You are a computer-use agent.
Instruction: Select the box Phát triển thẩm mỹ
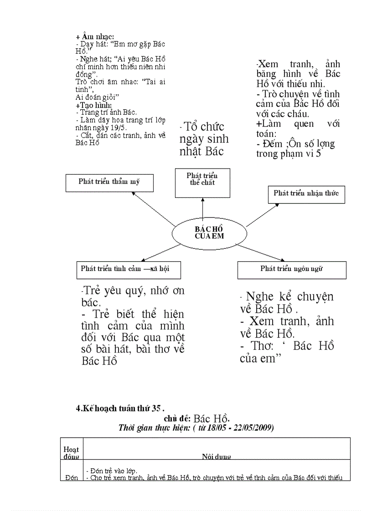[109, 182]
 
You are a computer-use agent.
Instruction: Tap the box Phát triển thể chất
[202, 182]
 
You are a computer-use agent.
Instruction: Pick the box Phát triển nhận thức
[306, 194]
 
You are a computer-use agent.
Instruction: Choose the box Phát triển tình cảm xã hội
[129, 269]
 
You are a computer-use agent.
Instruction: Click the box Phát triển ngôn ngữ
[292, 269]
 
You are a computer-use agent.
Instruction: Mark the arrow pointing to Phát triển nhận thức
[263, 214]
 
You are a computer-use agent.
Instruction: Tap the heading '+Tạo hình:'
[93, 105]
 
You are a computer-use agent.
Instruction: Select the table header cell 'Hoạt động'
[71, 452]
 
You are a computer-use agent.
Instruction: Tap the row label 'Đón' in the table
[71, 477]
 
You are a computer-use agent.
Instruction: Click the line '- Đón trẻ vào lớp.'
[111, 471]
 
